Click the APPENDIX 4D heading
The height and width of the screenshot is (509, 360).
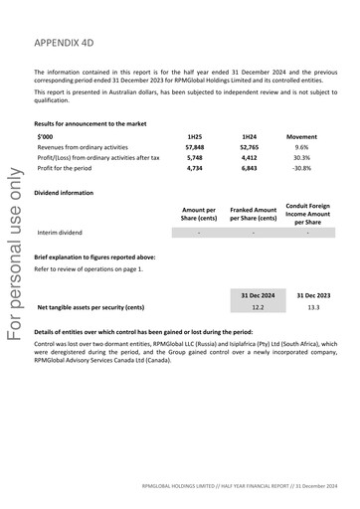coord(69,45)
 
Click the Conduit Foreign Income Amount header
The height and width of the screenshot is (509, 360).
coord(307,213)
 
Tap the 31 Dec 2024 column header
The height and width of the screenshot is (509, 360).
coord(258,295)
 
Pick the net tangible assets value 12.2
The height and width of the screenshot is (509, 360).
coord(258,307)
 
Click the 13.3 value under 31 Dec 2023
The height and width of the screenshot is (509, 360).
coord(313,307)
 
